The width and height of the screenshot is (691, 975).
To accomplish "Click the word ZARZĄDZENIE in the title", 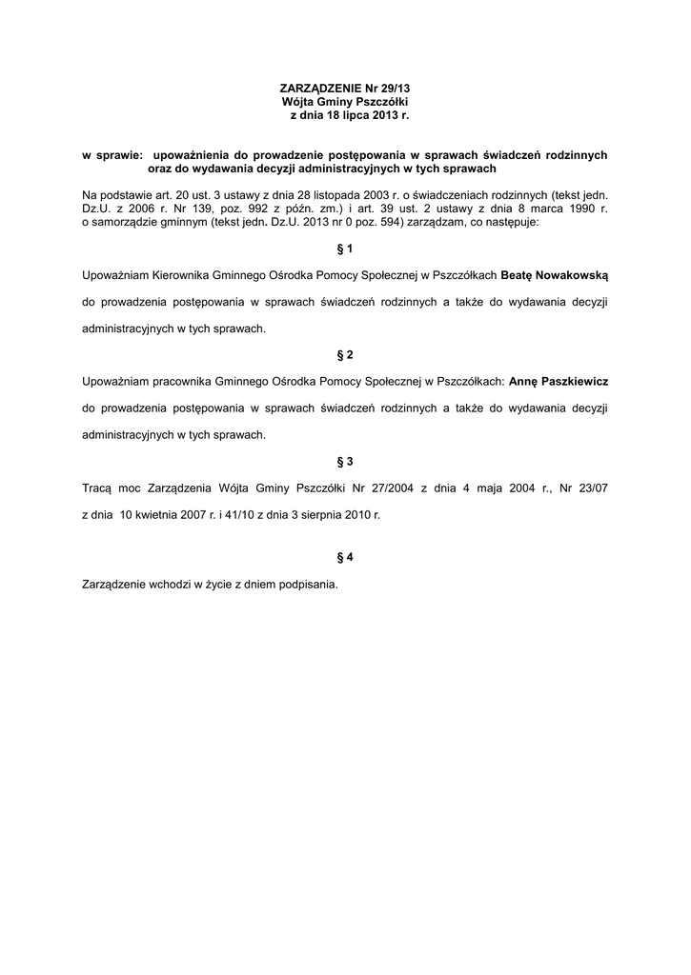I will click(x=314, y=88).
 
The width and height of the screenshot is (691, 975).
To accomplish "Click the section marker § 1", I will click(x=345, y=249).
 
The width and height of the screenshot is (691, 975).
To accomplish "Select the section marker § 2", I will click(x=345, y=355).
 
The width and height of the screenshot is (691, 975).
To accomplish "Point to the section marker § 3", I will click(x=345, y=462).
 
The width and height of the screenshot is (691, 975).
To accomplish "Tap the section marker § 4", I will click(x=345, y=556).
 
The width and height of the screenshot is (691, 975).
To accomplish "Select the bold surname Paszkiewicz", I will click(x=575, y=381).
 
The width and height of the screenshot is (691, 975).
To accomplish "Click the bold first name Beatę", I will click(x=517, y=275).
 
